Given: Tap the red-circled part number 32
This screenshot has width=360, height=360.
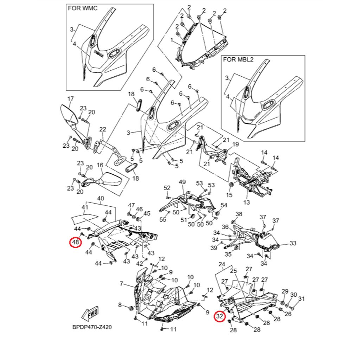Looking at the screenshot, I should (220, 317).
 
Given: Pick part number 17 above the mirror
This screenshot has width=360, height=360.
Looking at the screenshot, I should (70, 99).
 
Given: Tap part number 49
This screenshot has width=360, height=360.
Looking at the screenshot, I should (182, 182).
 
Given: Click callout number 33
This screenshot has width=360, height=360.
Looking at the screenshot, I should (293, 243).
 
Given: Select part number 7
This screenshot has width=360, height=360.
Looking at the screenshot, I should (121, 284).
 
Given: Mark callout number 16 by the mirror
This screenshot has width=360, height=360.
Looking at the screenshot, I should (100, 165).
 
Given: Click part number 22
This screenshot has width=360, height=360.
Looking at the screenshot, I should (103, 130).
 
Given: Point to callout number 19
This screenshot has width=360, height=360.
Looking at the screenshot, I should (236, 144).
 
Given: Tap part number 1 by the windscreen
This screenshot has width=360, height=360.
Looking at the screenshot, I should (172, 41).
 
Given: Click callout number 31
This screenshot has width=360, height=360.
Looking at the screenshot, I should (301, 299).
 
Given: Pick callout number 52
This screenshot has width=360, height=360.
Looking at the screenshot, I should (167, 188).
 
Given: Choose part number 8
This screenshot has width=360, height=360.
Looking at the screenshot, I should (120, 305).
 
